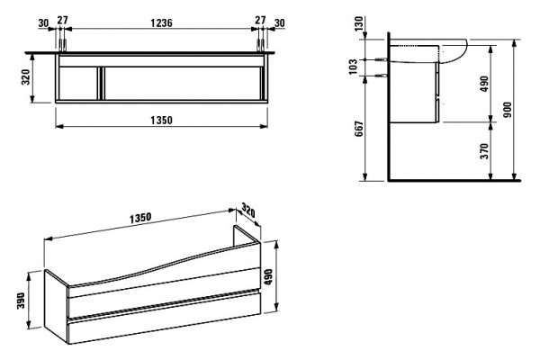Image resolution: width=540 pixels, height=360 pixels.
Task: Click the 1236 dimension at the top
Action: click(x=161, y=22)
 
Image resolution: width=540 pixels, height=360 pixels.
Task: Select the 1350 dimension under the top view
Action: click(x=161, y=121)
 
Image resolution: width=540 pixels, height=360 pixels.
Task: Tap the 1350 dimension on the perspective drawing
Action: click(x=140, y=218)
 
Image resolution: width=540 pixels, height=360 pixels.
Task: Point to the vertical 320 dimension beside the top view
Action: click(x=26, y=77)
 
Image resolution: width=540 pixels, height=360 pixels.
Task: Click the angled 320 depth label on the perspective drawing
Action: click(x=248, y=211)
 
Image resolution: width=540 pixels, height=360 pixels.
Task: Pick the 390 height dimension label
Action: click(x=22, y=301)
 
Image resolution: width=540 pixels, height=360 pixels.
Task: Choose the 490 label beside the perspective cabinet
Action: click(x=268, y=276)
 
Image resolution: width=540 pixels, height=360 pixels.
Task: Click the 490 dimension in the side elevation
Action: click(x=484, y=84)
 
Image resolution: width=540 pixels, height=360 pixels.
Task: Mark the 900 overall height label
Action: click(x=508, y=110)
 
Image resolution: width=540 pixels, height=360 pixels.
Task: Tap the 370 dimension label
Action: click(x=484, y=151)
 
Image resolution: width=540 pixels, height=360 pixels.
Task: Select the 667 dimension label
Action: click(x=359, y=129)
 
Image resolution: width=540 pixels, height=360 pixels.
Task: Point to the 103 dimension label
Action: click(x=353, y=67)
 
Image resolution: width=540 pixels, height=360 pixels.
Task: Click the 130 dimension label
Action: click(x=359, y=23)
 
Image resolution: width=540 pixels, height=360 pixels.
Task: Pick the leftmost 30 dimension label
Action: click(x=43, y=23)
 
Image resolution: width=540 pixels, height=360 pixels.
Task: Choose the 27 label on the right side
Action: click(x=260, y=20)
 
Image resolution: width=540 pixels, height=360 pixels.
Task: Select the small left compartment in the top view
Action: click(x=78, y=84)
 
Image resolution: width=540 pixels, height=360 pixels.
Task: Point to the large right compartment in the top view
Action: click(x=182, y=84)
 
